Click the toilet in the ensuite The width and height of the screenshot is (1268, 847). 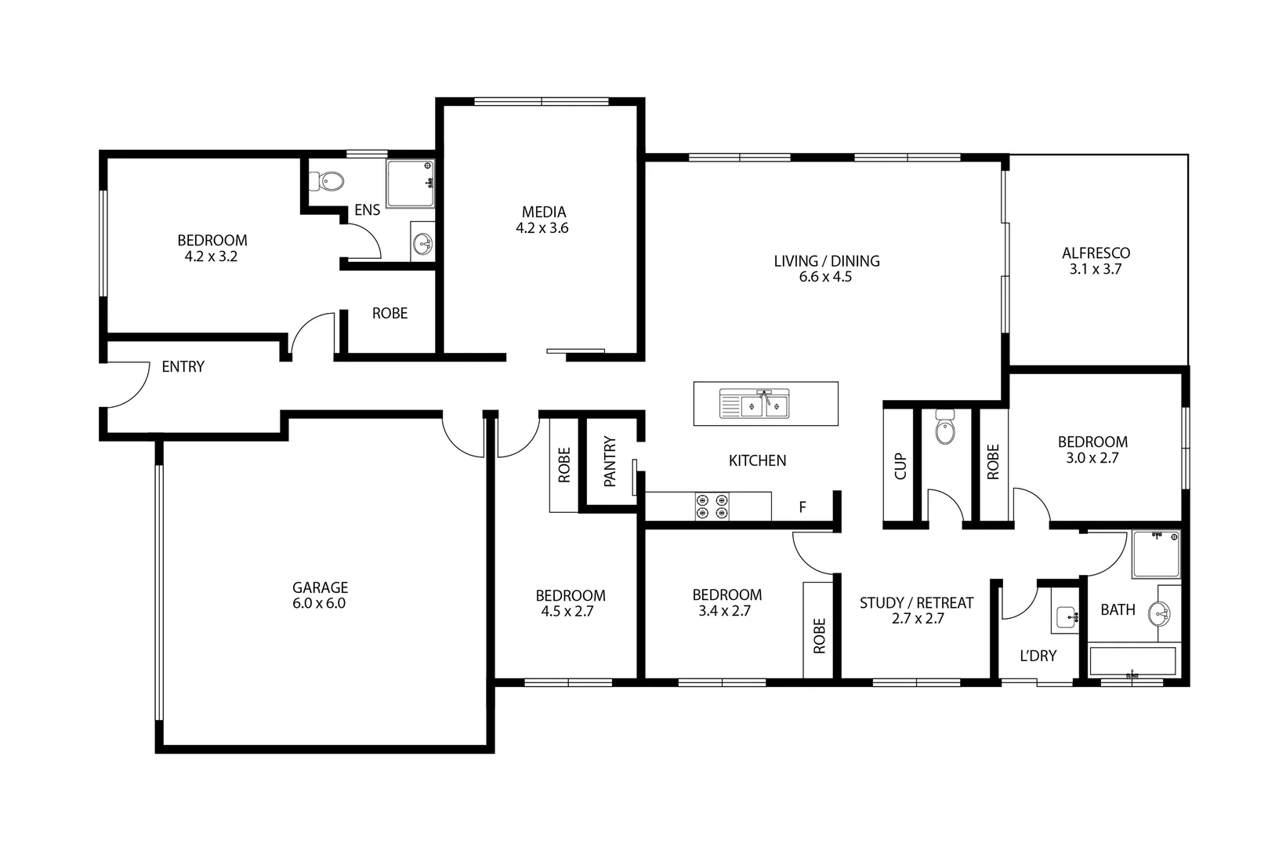(328, 182)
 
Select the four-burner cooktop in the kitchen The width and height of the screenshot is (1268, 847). (712, 506)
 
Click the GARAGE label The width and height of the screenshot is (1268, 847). (320, 587)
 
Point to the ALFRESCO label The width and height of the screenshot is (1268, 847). (1096, 253)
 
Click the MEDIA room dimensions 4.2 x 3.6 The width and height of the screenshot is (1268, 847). (542, 228)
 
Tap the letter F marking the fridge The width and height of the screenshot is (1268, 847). (802, 507)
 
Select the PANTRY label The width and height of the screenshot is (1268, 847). (610, 463)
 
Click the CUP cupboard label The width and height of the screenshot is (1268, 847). (900, 466)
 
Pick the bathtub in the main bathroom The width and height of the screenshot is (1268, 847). (1133, 661)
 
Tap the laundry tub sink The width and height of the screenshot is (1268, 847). (1067, 617)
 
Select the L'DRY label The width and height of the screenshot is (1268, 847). (1038, 656)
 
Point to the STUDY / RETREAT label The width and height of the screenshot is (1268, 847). (916, 603)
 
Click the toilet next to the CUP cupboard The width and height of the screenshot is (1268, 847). (945, 428)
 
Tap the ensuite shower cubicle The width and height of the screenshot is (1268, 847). (410, 184)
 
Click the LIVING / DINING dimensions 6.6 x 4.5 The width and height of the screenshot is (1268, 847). (825, 277)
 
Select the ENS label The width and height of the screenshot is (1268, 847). (367, 209)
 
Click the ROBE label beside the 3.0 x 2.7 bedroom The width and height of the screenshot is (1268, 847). (993, 462)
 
